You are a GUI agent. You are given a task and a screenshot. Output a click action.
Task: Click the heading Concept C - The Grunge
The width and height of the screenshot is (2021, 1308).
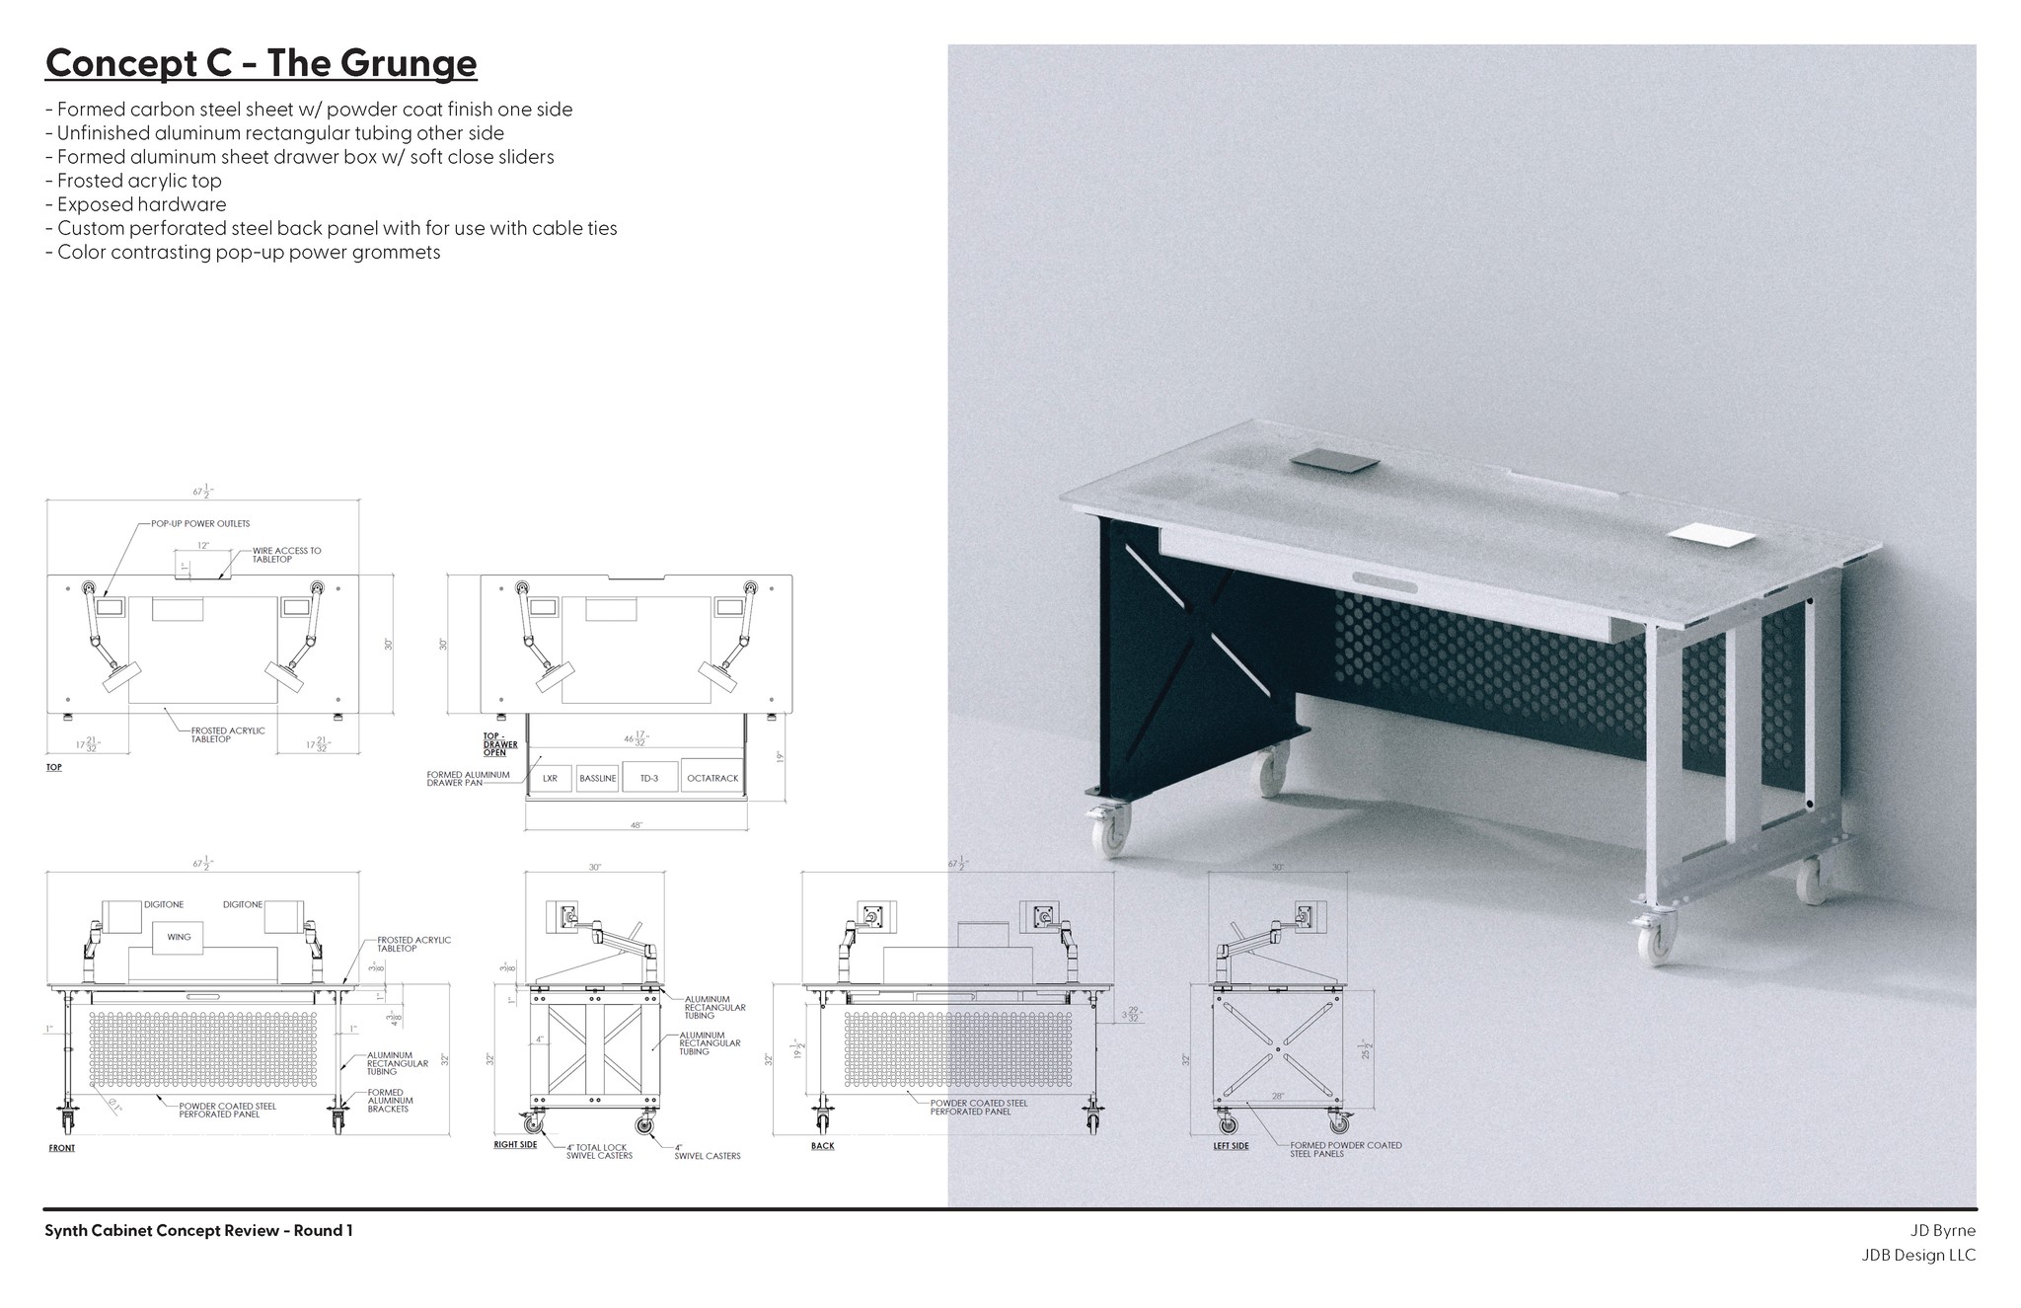tap(262, 63)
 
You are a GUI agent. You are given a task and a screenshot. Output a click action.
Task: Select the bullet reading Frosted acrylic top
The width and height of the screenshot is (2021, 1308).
tap(139, 181)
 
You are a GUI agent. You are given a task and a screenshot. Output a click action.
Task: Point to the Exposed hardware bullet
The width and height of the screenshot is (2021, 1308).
tap(141, 204)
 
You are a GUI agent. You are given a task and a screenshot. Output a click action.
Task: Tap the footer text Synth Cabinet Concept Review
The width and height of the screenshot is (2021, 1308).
tap(198, 1230)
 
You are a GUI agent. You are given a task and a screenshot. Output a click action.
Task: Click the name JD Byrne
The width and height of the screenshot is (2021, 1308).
tap(1943, 1230)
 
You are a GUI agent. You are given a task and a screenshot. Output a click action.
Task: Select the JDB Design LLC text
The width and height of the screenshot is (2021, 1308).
tap(1918, 1256)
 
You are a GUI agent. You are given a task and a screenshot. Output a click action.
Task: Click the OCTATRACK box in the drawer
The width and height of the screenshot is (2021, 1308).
tap(711, 778)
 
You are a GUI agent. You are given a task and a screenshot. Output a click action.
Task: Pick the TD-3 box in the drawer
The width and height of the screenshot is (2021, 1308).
tap(649, 778)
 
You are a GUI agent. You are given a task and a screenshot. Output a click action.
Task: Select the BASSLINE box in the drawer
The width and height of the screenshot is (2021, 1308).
tap(597, 778)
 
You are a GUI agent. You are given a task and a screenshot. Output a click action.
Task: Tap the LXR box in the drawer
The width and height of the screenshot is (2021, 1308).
tap(550, 778)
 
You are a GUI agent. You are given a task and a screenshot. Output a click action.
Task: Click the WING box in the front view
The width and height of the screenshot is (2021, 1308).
tap(179, 937)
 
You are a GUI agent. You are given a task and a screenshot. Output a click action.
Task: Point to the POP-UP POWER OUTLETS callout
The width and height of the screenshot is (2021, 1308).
tap(200, 523)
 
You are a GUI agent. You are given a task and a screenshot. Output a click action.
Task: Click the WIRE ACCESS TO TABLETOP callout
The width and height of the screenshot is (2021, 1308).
tap(286, 555)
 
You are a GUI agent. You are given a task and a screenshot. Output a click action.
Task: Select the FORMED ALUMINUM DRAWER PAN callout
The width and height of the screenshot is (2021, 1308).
tap(468, 779)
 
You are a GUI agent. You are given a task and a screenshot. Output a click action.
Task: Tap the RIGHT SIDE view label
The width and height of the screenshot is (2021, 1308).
tap(515, 1145)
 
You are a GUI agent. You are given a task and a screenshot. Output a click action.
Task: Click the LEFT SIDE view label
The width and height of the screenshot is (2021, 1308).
tap(1231, 1146)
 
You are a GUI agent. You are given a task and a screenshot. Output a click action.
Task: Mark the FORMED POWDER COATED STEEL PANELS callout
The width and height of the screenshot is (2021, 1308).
tap(1345, 1149)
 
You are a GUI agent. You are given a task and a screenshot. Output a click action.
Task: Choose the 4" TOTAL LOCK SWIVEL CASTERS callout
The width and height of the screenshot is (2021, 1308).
tap(600, 1151)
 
